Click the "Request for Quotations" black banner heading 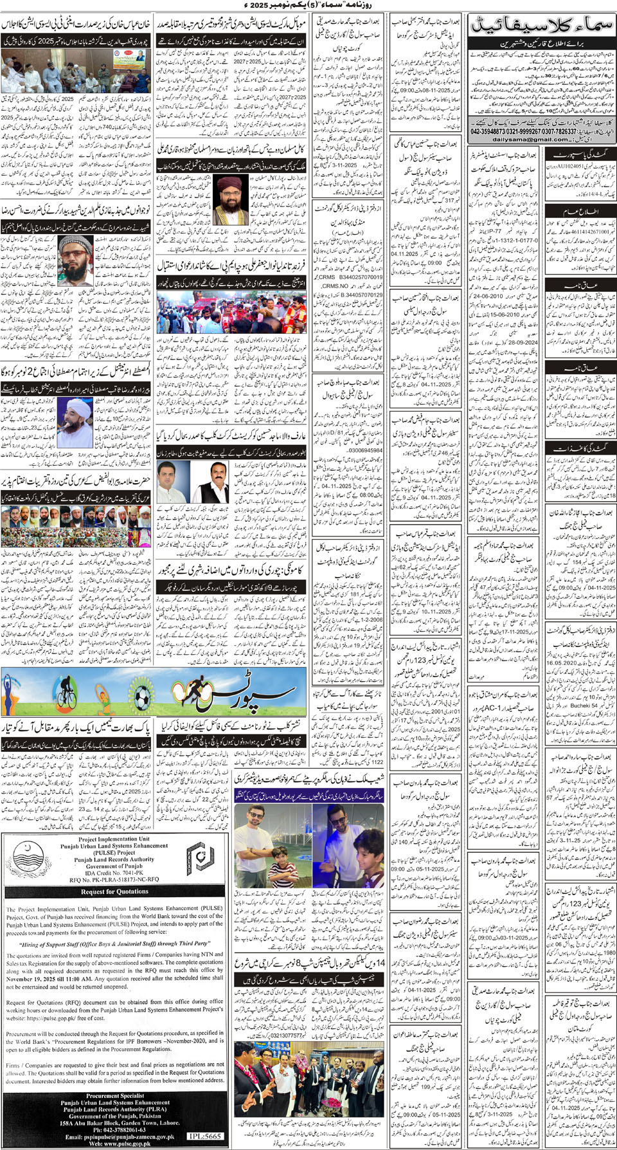point(115,891)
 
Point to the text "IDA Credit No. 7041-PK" point(115,873)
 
